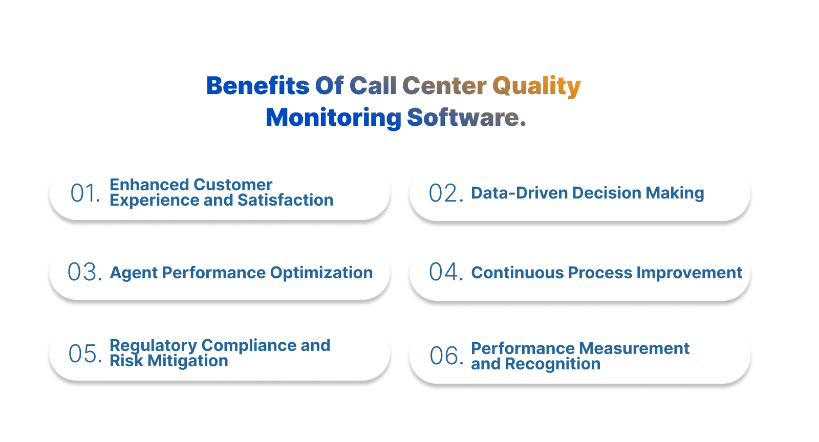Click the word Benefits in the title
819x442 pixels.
257,86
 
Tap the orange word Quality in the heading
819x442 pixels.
536,86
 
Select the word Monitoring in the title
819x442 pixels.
333,118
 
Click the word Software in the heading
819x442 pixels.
463,118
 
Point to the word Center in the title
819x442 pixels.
444,86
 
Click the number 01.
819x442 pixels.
85,193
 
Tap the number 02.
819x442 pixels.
446,193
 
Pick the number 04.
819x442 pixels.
446,272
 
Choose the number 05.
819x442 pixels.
85,353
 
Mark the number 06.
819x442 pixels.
446,356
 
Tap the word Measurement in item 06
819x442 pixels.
635,348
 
